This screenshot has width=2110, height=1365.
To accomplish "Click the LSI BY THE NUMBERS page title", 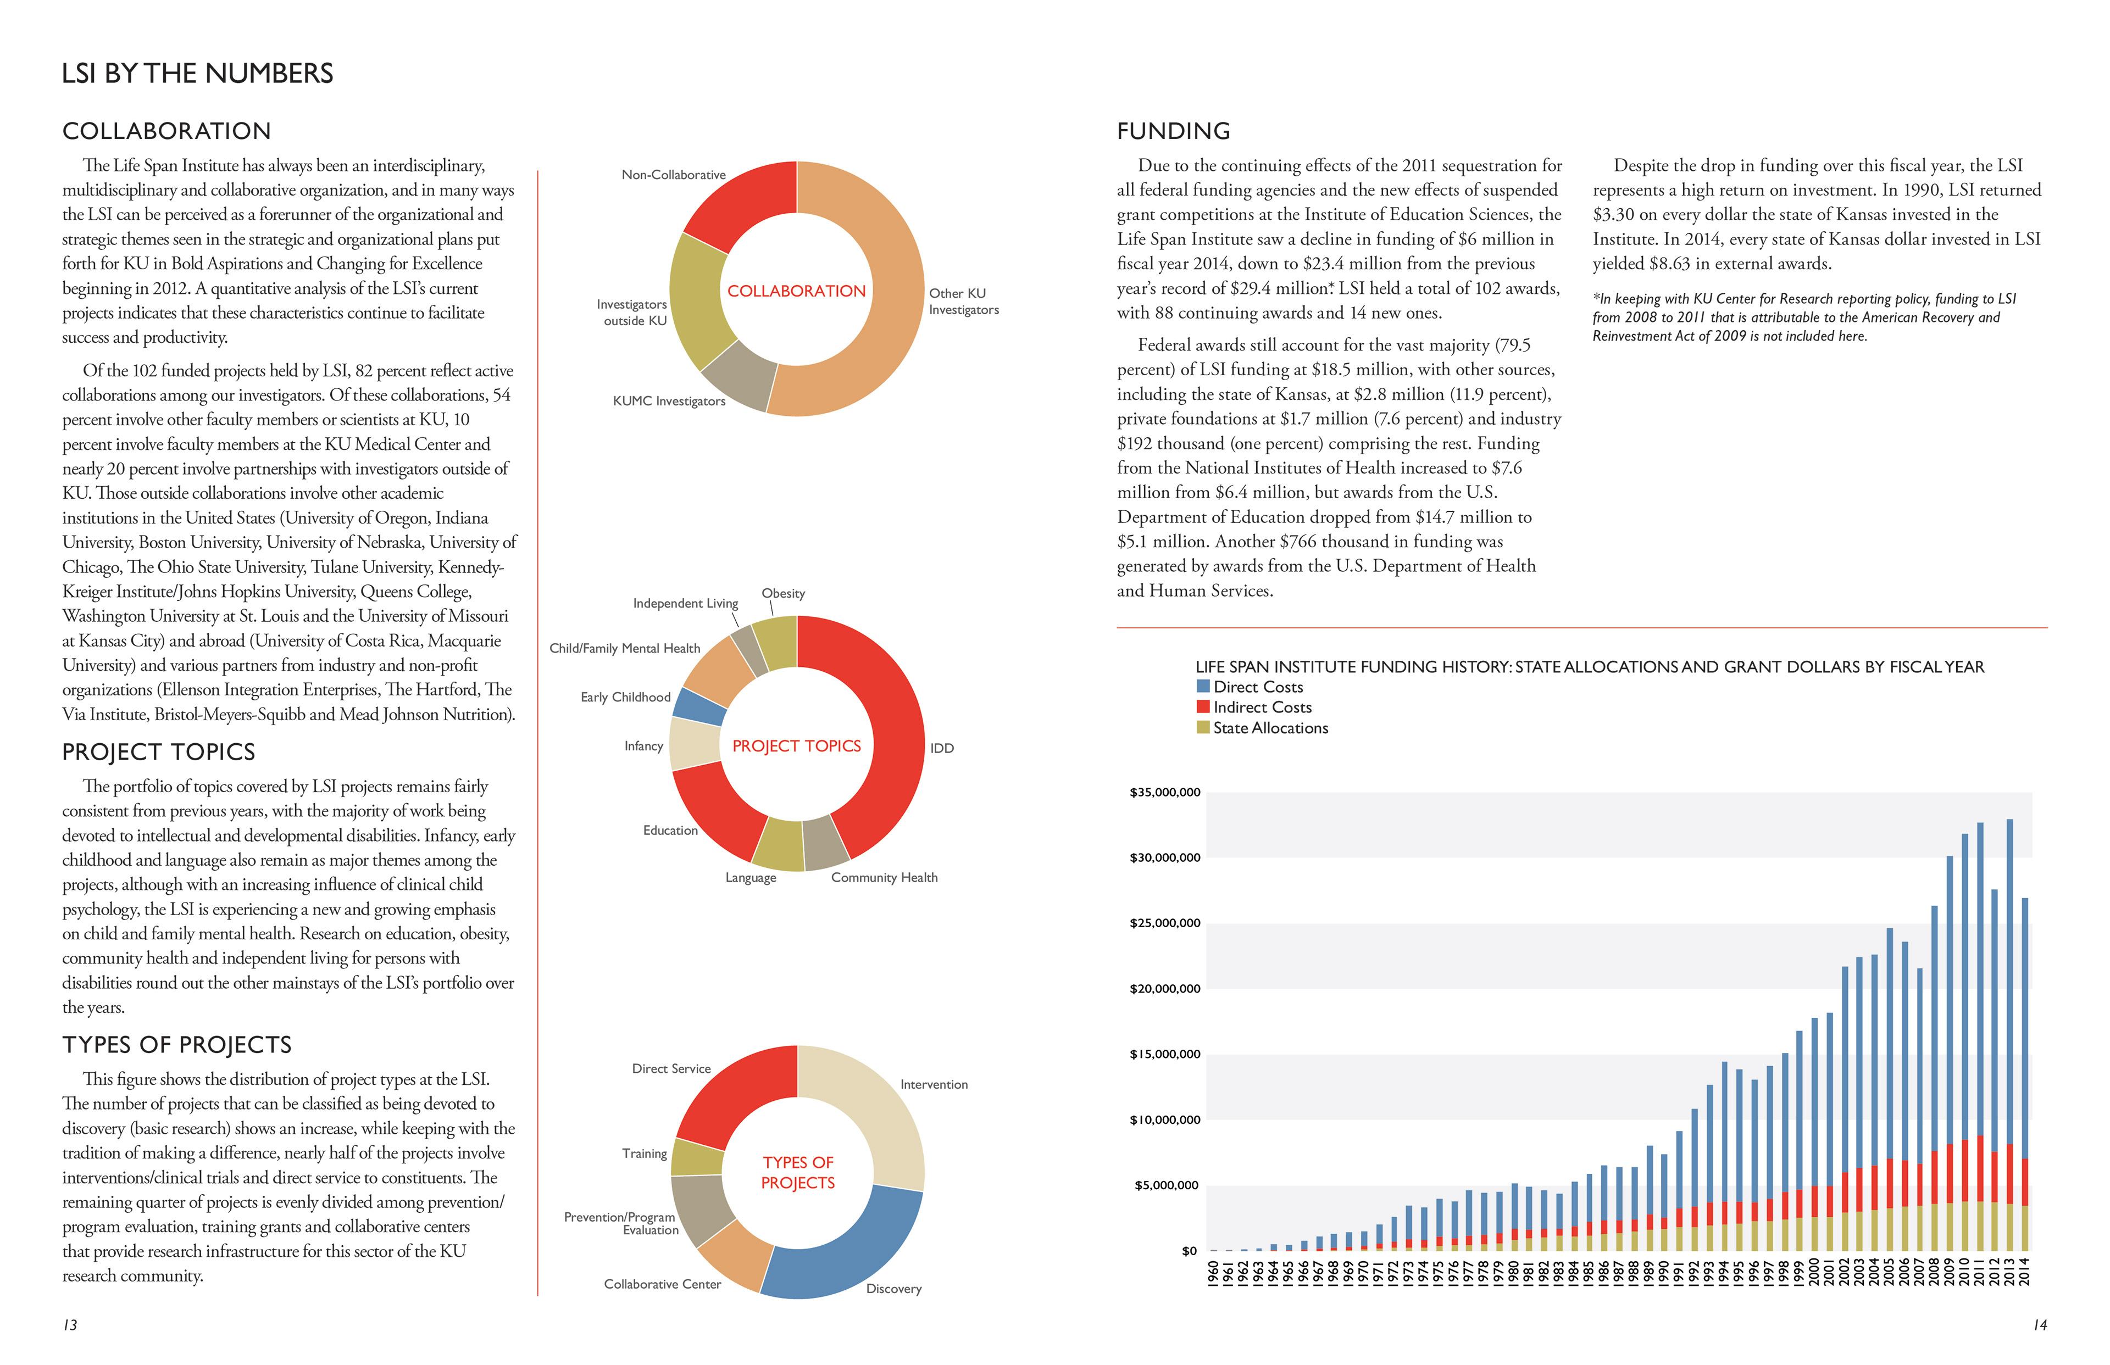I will pyautogui.click(x=197, y=74).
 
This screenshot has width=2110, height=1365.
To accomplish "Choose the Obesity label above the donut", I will pyautogui.click(x=783, y=594).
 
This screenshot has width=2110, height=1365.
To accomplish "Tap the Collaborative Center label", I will pyautogui.click(x=662, y=1284).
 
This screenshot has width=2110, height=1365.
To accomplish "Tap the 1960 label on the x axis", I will pyautogui.click(x=1213, y=1274).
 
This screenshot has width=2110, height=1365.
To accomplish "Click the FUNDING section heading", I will pyautogui.click(x=1173, y=131).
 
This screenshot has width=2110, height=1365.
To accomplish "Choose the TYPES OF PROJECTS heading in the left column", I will pyautogui.click(x=176, y=1045).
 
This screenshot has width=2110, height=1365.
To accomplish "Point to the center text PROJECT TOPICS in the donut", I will pyautogui.click(x=796, y=746).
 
